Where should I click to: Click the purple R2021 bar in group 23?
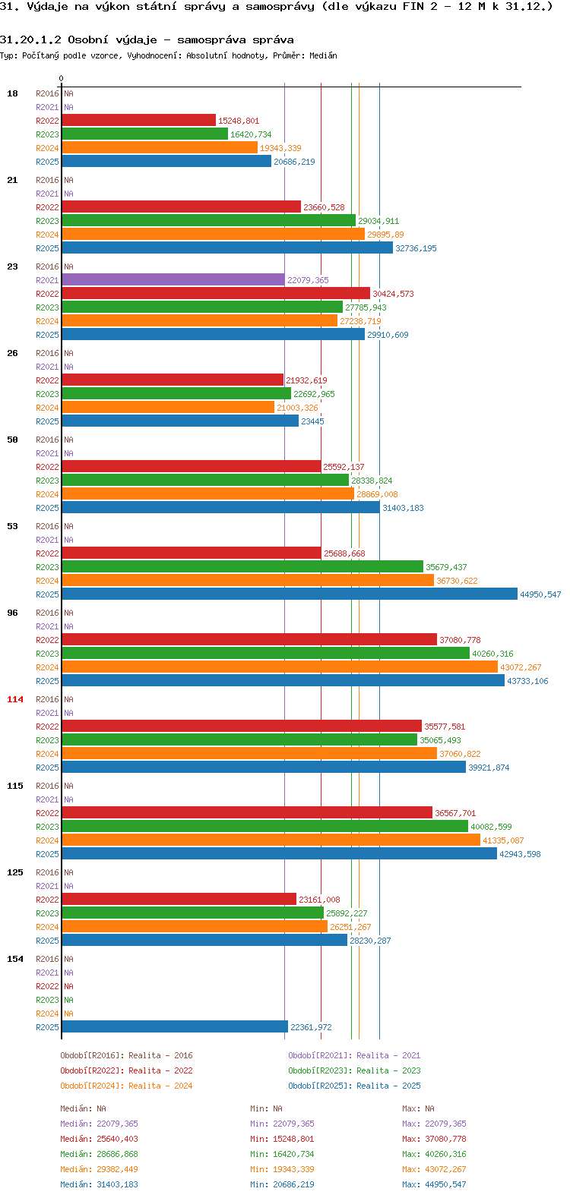click(x=173, y=279)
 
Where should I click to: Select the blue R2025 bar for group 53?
click(x=290, y=594)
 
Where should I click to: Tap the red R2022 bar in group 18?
click(x=138, y=121)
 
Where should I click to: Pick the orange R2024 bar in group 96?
click(x=280, y=667)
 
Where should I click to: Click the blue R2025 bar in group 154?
click(x=175, y=1027)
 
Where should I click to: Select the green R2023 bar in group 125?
click(x=193, y=913)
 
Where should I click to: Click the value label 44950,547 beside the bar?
click(x=540, y=594)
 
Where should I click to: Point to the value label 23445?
click(x=312, y=421)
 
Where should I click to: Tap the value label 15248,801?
click(x=239, y=121)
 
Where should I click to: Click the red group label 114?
click(x=15, y=699)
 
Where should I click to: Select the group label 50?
click(x=12, y=440)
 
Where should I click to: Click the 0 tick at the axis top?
click(x=61, y=79)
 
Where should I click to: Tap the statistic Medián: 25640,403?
click(x=99, y=1139)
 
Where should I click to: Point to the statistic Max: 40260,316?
click(x=434, y=1154)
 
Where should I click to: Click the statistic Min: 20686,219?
click(x=282, y=1184)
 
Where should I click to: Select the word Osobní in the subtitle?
click(x=86, y=40)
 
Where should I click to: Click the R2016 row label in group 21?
click(x=47, y=180)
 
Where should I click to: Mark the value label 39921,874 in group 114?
click(x=489, y=768)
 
